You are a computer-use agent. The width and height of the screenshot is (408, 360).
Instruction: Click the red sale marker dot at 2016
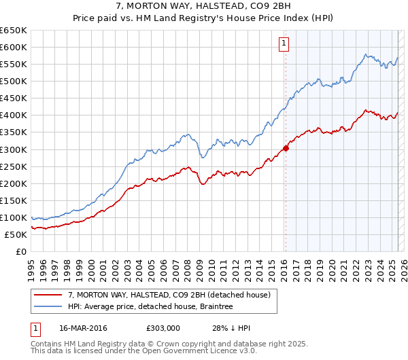coord(286,148)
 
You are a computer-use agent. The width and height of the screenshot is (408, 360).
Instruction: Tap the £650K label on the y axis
coord(14,31)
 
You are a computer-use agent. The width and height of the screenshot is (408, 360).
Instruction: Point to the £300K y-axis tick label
coord(14,149)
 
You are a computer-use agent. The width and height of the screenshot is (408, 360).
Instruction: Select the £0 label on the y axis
coord(21,251)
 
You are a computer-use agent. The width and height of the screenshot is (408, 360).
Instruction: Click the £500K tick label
coord(14,82)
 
